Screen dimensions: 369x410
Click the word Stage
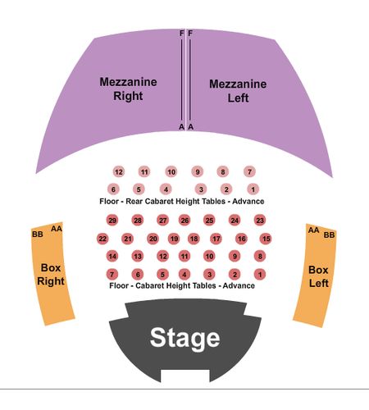click(184, 339)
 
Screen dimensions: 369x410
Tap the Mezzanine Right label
click(128, 89)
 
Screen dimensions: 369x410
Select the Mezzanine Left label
click(238, 91)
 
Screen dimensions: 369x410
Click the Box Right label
click(51, 275)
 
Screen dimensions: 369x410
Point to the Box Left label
click(318, 276)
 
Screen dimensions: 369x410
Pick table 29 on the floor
click(112, 221)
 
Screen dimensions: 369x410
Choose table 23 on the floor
click(260, 221)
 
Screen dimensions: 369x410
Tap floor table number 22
click(102, 239)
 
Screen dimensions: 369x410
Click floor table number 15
click(266, 239)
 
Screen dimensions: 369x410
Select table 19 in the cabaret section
click(174, 239)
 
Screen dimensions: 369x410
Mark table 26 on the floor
click(184, 221)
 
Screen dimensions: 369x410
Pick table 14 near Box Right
click(112, 257)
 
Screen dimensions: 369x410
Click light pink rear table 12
click(119, 172)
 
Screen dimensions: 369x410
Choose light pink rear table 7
click(249, 172)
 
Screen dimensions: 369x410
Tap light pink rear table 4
click(166, 189)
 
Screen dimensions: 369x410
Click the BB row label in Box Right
click(38, 235)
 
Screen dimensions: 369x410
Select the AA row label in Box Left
click(313, 230)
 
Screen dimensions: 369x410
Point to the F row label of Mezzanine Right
click(181, 34)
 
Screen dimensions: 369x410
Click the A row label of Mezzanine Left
click(191, 127)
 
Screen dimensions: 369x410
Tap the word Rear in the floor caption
click(134, 202)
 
